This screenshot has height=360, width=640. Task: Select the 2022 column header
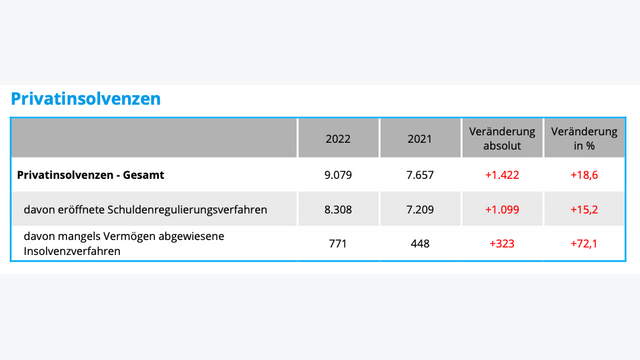(x=338, y=139)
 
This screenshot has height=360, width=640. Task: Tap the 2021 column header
(x=420, y=139)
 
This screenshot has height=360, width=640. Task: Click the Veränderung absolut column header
(x=502, y=139)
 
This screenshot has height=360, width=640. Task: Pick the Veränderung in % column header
(x=584, y=139)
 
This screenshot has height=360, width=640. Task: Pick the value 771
(x=338, y=243)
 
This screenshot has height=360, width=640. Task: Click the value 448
(x=420, y=243)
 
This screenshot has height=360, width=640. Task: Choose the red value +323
(x=502, y=243)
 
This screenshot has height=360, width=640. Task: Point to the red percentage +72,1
(x=584, y=243)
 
